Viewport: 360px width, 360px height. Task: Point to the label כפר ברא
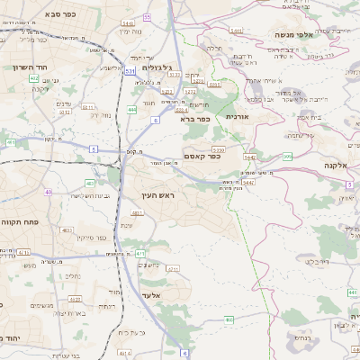[x=195, y=119]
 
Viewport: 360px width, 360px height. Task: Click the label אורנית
[x=237, y=116]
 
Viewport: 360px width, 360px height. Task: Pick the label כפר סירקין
[x=93, y=238]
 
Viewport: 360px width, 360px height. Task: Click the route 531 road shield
[x=131, y=69]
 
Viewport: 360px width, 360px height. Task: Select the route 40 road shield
[x=48, y=192]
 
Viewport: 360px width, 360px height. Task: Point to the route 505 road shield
[x=286, y=157]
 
